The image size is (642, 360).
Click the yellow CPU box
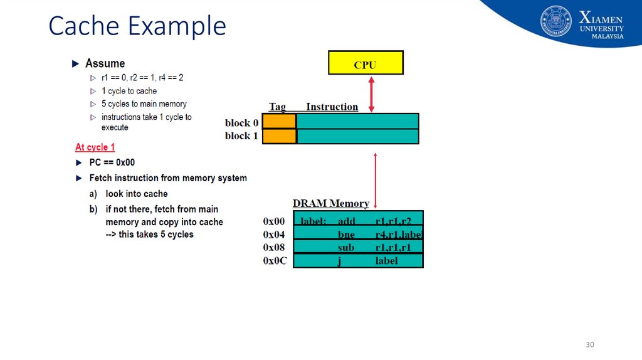366,63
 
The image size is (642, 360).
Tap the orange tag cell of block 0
279,121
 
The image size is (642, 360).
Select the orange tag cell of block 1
279,136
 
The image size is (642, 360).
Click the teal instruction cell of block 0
357,121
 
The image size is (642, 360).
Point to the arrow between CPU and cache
371,94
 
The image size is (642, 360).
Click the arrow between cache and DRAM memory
375,179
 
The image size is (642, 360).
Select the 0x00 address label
274,221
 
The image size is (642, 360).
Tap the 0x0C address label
275,260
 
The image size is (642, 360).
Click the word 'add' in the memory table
347,221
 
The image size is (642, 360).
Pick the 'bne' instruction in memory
346,235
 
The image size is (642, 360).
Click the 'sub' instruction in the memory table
346,247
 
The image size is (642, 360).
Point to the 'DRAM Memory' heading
330,204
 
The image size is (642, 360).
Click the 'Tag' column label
277,107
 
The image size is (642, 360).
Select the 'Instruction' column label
332,107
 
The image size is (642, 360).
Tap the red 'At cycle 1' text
95,147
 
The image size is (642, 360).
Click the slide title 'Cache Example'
137,26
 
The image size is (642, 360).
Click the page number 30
589,345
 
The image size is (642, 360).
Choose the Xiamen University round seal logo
556,21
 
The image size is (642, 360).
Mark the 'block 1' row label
241,136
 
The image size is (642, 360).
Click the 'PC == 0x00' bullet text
112,162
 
